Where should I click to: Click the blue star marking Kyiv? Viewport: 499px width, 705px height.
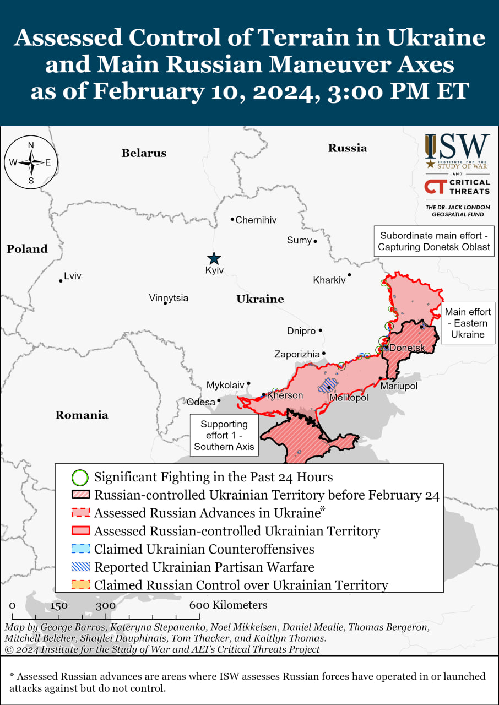tap(214, 258)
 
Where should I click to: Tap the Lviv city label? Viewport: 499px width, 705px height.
tap(72, 276)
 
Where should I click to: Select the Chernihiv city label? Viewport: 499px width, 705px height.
tap(256, 220)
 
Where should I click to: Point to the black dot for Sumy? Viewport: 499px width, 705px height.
tap(316, 241)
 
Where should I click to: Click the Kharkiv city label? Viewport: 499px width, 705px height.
tap(329, 280)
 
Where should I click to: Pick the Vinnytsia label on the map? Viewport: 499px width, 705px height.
tap(169, 298)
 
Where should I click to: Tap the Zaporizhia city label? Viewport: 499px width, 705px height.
tap(297, 354)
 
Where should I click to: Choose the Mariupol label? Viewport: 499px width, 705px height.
tap(399, 386)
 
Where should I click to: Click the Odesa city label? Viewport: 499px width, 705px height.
tap(201, 402)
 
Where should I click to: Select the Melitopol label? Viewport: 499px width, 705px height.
tap(349, 397)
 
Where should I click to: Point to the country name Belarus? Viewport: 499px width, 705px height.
tap(144, 153)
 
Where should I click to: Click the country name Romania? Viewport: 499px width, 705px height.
tap(82, 415)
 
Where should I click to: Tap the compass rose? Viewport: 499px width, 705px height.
tap(31, 162)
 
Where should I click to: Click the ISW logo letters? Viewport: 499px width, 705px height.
tap(457, 147)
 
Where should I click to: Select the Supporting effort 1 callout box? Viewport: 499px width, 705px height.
tap(224, 435)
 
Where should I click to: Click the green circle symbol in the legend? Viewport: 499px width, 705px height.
tap(80, 477)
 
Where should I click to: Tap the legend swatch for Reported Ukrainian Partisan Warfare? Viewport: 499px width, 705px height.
tap(80, 567)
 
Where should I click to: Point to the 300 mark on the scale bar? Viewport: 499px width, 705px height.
tap(105, 605)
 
